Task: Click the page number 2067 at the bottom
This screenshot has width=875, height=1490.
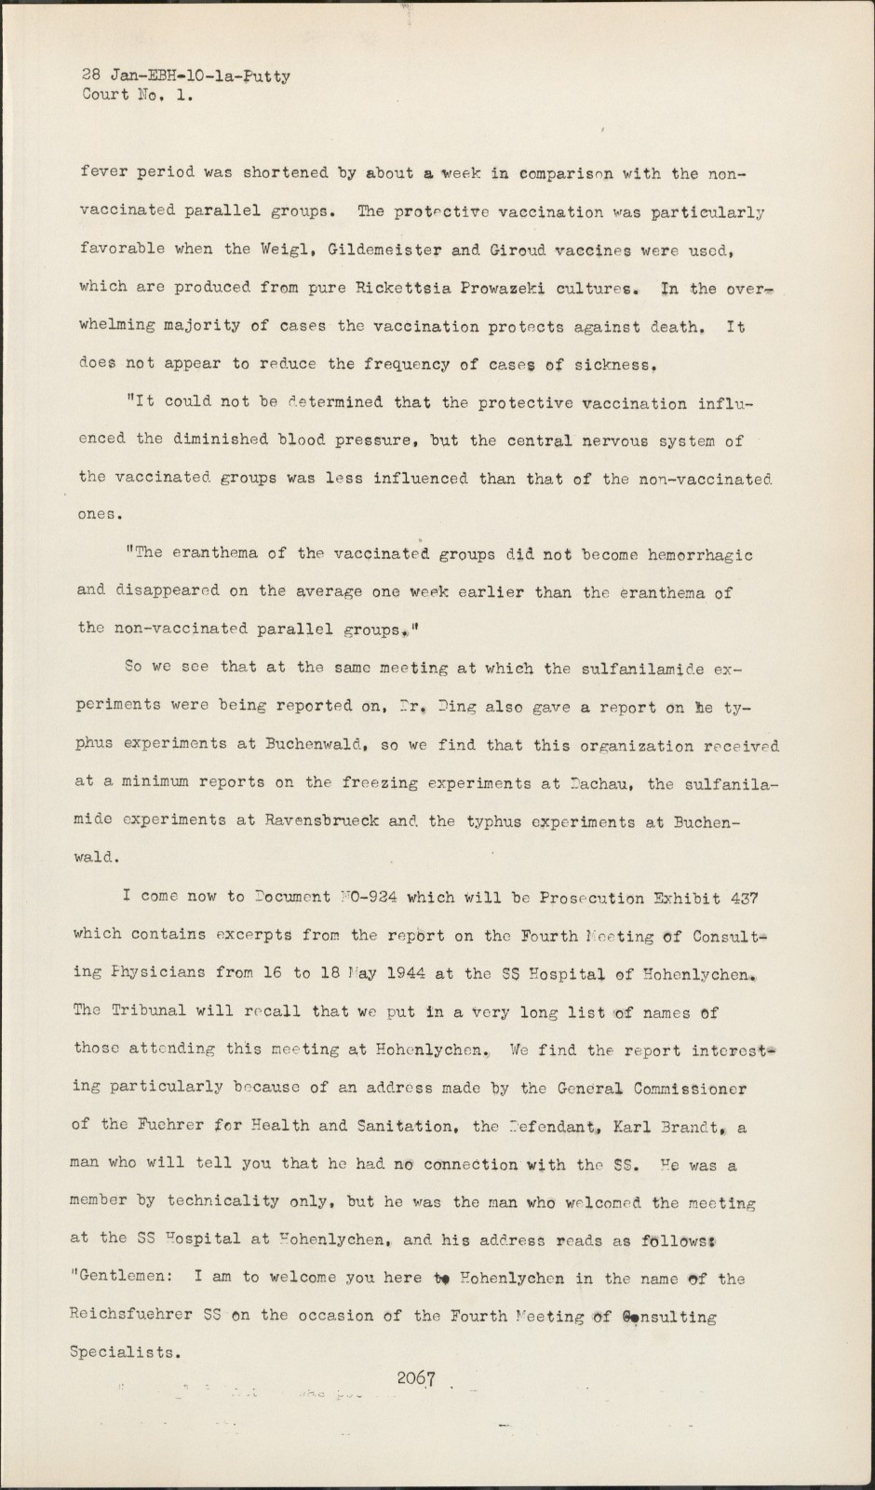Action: tap(416, 1379)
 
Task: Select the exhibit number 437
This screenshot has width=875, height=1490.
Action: tap(744, 899)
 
